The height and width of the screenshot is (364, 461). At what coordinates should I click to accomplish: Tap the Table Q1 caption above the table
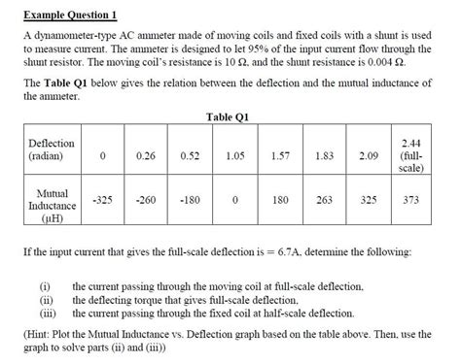coord(230,117)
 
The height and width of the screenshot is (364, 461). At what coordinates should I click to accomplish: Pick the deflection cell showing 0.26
coord(147,155)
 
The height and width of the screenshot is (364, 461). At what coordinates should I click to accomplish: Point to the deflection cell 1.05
coord(234,155)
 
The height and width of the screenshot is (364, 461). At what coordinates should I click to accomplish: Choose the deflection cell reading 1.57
coord(280,155)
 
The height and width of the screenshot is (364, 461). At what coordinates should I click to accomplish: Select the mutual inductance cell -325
coord(102,200)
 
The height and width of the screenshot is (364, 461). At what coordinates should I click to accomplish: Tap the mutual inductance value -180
coord(190,200)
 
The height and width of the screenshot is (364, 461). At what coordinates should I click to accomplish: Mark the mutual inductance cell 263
coord(324,200)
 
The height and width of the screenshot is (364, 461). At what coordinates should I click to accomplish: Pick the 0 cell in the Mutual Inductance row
coord(234,200)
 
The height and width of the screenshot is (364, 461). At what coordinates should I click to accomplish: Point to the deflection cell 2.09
coord(369,155)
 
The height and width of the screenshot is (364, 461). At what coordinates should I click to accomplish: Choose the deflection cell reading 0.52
coord(190,155)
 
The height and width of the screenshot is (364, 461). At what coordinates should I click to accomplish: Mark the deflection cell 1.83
coord(324,155)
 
